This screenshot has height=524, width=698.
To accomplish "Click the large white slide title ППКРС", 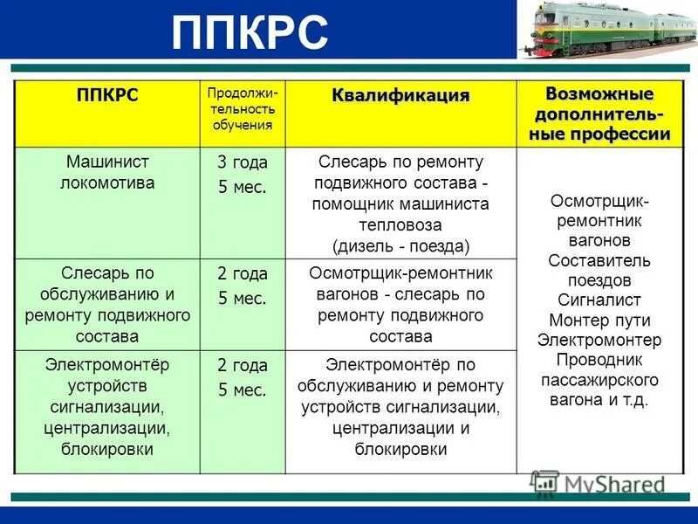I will pos(250,32).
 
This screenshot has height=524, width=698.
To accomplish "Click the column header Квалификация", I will pos(400,95).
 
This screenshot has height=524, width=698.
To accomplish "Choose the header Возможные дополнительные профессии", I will pos(599,114).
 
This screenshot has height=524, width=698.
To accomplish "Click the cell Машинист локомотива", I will pos(106,172).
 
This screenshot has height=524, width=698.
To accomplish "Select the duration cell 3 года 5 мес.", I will pos(242,175).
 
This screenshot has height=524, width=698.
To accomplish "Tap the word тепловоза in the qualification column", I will pos(400,224).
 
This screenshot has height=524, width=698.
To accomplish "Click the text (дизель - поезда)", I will pos(400,245).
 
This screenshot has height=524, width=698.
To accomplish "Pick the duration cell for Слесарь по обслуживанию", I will pos(242,286).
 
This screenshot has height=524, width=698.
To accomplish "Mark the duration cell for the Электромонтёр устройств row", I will pos(242,377).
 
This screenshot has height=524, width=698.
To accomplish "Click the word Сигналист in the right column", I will pos(599,300).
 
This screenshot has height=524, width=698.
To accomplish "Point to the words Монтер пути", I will pos(599,320).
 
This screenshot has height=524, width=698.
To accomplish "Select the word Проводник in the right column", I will pos(599,360).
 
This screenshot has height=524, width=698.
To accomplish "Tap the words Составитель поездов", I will pos(599,271).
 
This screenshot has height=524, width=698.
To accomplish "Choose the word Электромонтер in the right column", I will pos(599,340).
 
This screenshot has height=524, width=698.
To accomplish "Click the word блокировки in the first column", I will pos(106,450).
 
